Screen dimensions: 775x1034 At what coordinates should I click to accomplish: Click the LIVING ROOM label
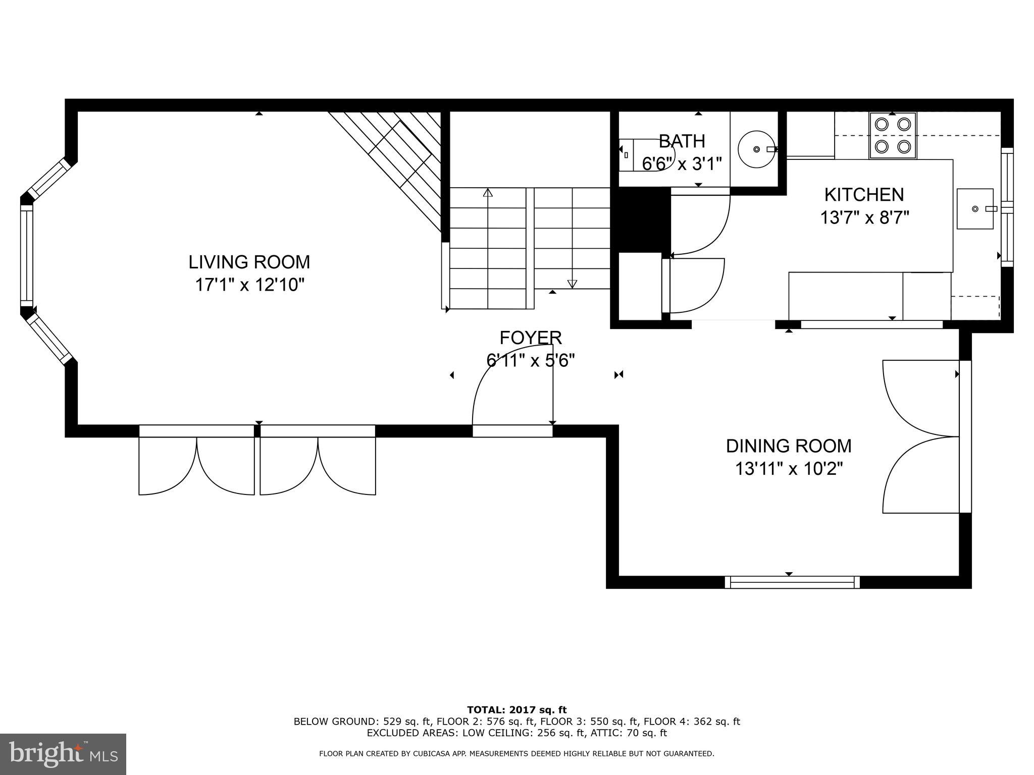pyautogui.click(x=249, y=262)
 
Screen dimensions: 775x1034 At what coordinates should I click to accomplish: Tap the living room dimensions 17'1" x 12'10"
pyautogui.click(x=249, y=286)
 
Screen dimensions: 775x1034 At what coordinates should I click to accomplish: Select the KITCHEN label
pyautogui.click(x=864, y=195)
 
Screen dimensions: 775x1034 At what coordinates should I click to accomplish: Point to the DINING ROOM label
pyautogui.click(x=789, y=446)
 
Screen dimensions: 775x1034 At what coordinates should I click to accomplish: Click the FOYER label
pyautogui.click(x=531, y=338)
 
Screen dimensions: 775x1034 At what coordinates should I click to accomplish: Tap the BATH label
pyautogui.click(x=682, y=141)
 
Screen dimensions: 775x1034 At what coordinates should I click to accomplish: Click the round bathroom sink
pyautogui.click(x=756, y=149)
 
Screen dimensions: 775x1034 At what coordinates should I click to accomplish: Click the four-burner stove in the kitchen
pyautogui.click(x=893, y=135)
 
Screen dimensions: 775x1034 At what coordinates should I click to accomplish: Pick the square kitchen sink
pyautogui.click(x=975, y=209)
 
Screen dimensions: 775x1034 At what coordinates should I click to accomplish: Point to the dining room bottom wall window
pyautogui.click(x=792, y=582)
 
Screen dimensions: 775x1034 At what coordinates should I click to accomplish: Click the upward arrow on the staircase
pyautogui.click(x=488, y=193)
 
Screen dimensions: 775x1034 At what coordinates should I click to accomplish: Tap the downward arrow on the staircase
pyautogui.click(x=572, y=284)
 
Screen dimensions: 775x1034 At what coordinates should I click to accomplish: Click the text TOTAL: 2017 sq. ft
pyautogui.click(x=516, y=710)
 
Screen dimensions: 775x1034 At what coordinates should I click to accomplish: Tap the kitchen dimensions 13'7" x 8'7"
pyautogui.click(x=864, y=218)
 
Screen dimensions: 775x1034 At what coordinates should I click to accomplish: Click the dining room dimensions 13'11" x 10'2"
pyautogui.click(x=789, y=469)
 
